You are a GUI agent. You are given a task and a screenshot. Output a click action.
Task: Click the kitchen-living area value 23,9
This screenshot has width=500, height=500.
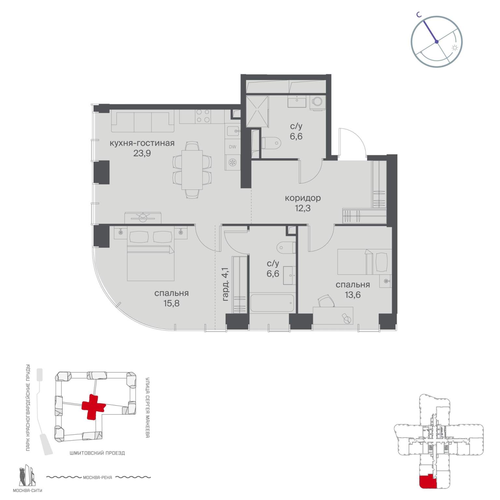click(142, 153)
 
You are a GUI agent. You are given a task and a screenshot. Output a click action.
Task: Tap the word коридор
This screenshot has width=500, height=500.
click(303, 198)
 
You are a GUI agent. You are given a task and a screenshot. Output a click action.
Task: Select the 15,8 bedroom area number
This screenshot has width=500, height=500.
click(172, 304)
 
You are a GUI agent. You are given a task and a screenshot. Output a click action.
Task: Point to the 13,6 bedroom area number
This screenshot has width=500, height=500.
click(353, 295)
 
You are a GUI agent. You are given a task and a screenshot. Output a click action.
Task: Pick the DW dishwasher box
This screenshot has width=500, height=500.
click(232, 147)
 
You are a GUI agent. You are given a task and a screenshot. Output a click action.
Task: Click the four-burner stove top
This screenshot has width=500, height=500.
click(203, 116)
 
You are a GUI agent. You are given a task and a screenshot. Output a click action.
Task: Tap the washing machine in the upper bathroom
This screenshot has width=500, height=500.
click(317, 103)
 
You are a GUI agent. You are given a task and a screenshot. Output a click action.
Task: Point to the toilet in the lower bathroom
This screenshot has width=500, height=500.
click(285, 247)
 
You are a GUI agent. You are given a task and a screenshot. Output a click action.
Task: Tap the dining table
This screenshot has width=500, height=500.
click(192, 170)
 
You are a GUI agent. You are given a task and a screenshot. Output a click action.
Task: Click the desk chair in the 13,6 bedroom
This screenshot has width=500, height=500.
click(326, 300)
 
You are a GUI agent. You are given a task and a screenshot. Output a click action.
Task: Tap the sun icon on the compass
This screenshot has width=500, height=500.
click(455, 48)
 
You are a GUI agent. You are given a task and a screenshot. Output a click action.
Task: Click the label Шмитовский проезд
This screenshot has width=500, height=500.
click(97, 453)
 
